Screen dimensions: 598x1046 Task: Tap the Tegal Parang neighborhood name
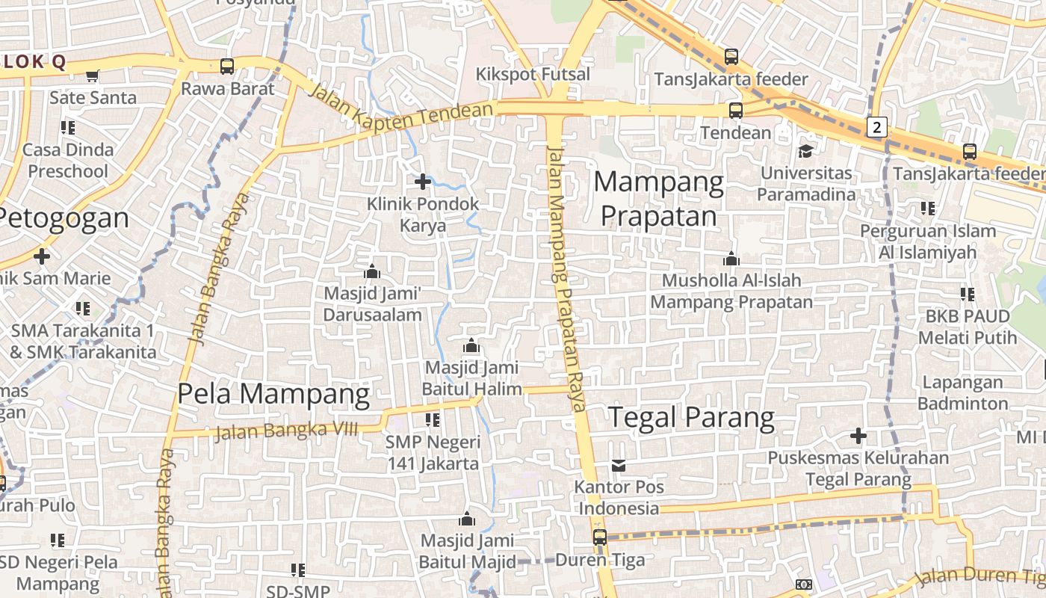[x=691, y=418]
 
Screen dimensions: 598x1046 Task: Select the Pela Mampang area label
[x=273, y=394]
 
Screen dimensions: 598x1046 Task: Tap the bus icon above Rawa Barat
[x=227, y=67]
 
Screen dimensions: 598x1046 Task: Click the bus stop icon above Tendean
[x=736, y=111]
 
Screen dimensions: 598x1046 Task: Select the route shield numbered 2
[x=877, y=127]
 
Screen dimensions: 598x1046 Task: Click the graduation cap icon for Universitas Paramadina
[x=805, y=151]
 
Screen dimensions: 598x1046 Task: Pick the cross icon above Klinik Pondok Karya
[x=423, y=181]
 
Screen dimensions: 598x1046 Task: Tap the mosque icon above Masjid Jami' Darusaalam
[x=371, y=271]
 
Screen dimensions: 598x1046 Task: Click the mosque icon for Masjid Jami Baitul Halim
[x=471, y=346]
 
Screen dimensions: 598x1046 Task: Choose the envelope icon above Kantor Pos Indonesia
[x=619, y=466]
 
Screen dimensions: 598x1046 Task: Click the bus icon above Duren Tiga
[x=600, y=537]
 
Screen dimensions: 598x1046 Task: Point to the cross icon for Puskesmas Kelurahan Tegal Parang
[x=858, y=435]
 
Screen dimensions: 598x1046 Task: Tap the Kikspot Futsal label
[x=533, y=75]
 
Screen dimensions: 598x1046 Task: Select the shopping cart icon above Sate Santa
[x=93, y=75]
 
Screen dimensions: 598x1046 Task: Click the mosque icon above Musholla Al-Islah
[x=731, y=259]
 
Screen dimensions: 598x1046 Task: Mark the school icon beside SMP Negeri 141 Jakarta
[x=432, y=420]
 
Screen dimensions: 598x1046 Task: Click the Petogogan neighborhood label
[x=64, y=218]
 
